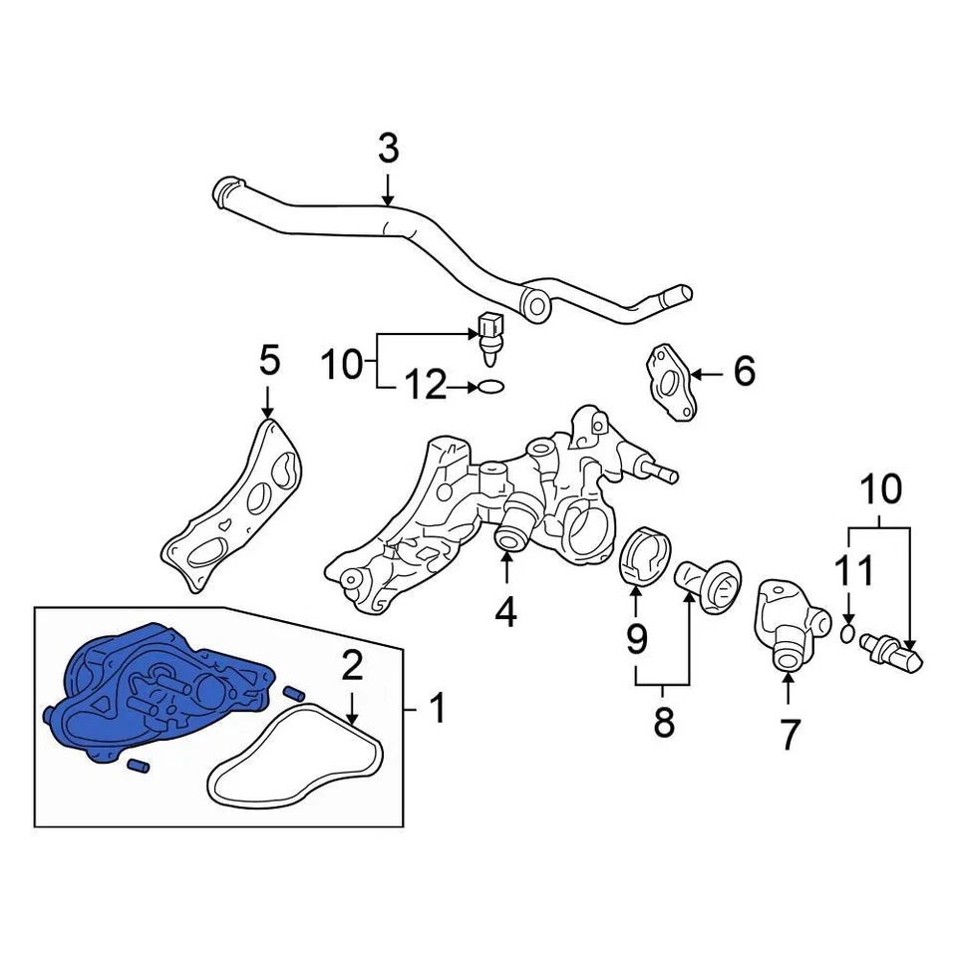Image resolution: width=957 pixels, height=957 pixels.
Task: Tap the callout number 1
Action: [437, 710]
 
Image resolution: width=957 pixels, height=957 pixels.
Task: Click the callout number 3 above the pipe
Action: [388, 150]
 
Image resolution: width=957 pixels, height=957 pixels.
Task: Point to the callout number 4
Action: [506, 611]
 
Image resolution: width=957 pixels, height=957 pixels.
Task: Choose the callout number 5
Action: [268, 361]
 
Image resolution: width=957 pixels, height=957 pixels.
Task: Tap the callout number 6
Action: [744, 372]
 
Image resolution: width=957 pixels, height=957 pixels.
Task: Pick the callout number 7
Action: [789, 735]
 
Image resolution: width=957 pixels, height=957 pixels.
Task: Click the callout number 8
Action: [663, 723]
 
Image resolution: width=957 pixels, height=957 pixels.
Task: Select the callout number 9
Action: [636, 636]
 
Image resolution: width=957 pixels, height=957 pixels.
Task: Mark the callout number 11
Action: [853, 571]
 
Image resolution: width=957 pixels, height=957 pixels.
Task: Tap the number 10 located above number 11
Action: [879, 489]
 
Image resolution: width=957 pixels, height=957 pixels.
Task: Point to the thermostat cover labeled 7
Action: [791, 622]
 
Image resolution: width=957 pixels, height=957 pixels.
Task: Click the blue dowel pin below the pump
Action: [138, 765]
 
